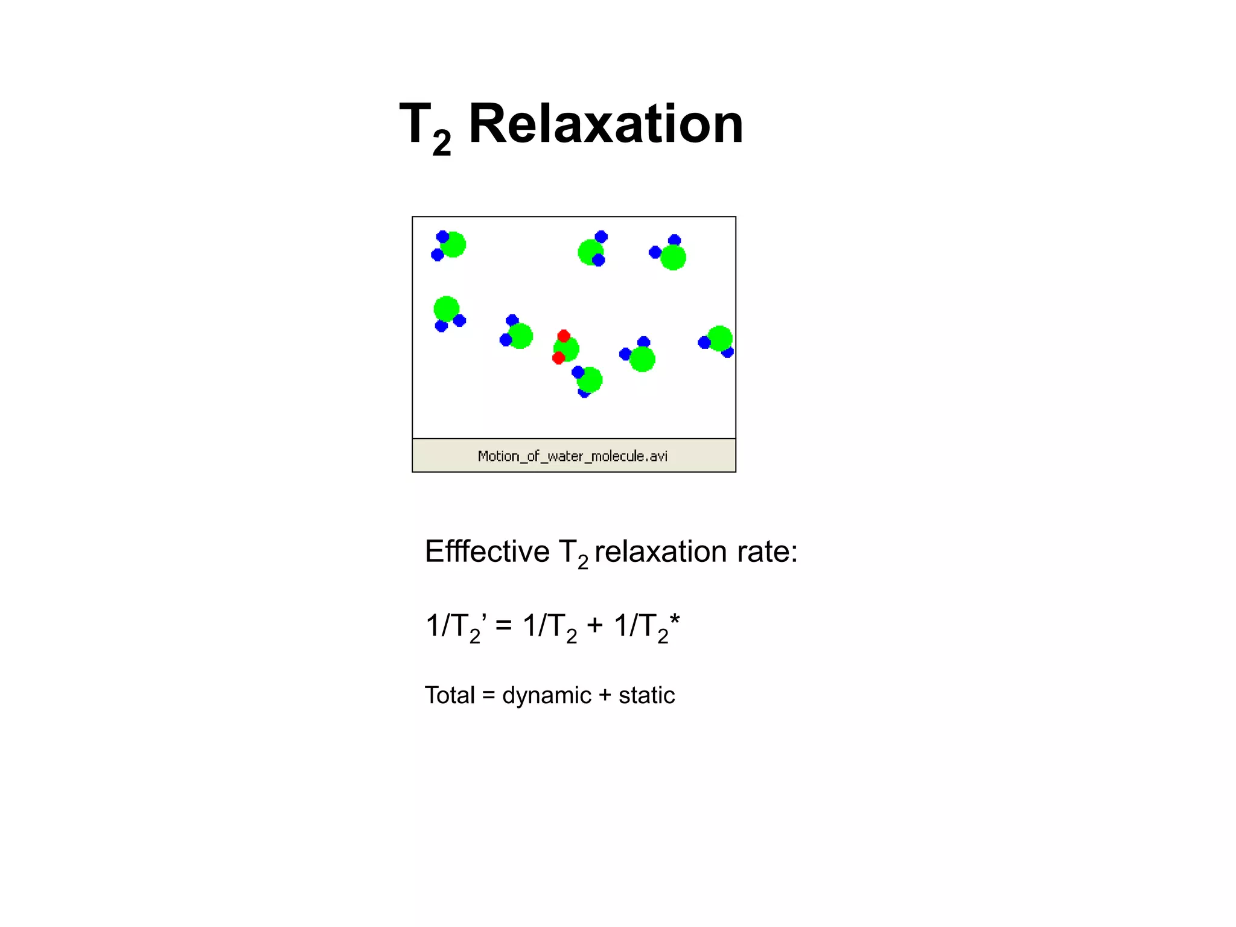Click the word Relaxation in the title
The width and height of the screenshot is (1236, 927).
click(605, 124)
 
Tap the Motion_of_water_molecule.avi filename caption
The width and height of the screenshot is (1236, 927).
click(572, 456)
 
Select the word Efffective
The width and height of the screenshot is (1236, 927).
click(487, 551)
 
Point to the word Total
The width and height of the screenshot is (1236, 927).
click(450, 695)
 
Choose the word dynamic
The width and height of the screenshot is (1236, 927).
click(546, 695)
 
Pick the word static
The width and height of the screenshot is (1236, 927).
click(646, 695)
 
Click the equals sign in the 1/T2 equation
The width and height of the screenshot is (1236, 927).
click(503, 625)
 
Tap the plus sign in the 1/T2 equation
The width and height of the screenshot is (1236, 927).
click(595, 625)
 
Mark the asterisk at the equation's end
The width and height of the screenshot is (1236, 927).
click(675, 619)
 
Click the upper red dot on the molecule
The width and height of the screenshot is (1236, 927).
click(564, 336)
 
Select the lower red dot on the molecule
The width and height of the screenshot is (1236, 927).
click(558, 358)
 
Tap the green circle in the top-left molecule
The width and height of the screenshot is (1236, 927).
click(453, 244)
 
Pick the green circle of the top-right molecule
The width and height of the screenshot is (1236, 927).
click(673, 258)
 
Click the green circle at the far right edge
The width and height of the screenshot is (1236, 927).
click(720, 339)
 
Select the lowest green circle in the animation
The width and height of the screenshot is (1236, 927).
click(590, 380)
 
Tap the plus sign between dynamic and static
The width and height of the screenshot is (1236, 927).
click(605, 695)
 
